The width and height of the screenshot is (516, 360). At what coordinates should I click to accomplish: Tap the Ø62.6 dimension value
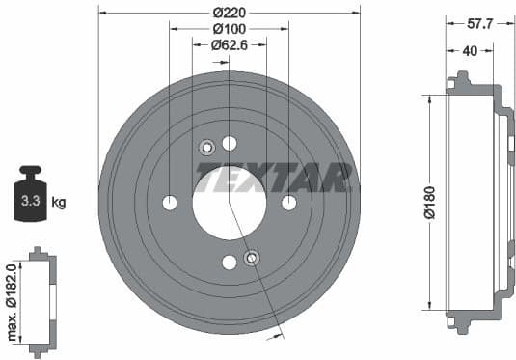(x=230, y=43)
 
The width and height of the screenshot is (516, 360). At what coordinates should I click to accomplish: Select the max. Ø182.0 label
(x=12, y=301)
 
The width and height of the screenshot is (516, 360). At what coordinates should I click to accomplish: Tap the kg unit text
(x=59, y=203)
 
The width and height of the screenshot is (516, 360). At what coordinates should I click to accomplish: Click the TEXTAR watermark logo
(x=274, y=177)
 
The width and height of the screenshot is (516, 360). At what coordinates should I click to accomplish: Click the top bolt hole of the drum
(x=230, y=144)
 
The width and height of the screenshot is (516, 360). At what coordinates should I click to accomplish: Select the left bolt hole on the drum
(x=170, y=203)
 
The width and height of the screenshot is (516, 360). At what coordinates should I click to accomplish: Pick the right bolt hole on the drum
(x=288, y=203)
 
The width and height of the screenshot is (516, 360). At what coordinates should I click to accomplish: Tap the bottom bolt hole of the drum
(x=230, y=263)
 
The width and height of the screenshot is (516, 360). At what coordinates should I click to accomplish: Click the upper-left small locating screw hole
(x=206, y=148)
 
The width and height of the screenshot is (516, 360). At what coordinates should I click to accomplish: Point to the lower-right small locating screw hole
(x=252, y=258)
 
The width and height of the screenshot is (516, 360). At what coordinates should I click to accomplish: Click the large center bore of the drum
(x=229, y=203)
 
